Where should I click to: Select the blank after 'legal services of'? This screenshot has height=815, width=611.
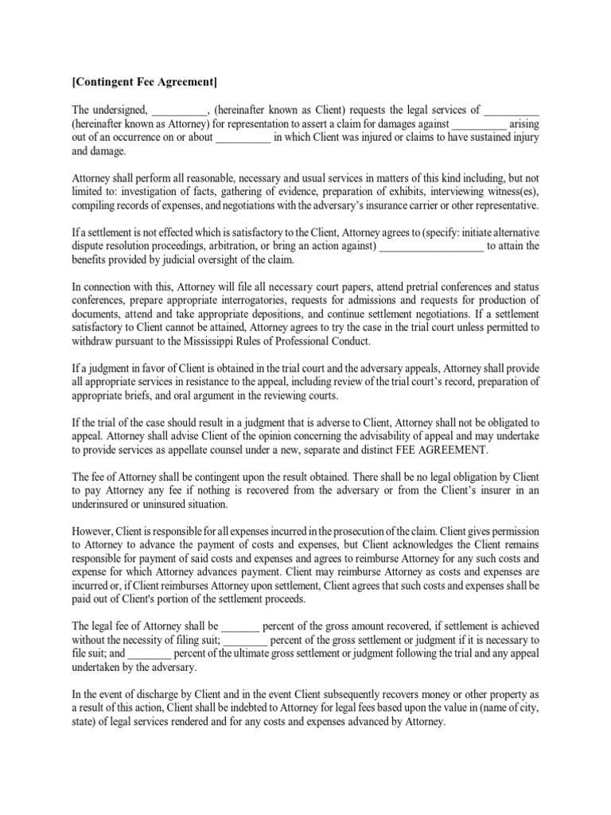point(512,110)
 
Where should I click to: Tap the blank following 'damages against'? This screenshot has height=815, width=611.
point(479,123)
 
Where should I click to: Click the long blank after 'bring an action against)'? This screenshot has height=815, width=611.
point(431,246)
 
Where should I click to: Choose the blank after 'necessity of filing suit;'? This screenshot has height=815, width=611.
point(246,641)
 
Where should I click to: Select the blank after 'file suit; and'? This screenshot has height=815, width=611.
point(150,654)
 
